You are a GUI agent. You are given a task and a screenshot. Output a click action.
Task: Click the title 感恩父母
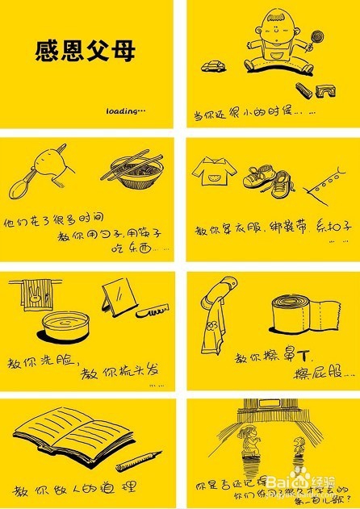click(x=85, y=52)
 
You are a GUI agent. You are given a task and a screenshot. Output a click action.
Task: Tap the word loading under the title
click(x=125, y=111)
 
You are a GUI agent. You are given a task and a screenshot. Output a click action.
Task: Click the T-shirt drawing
click(x=212, y=171)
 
